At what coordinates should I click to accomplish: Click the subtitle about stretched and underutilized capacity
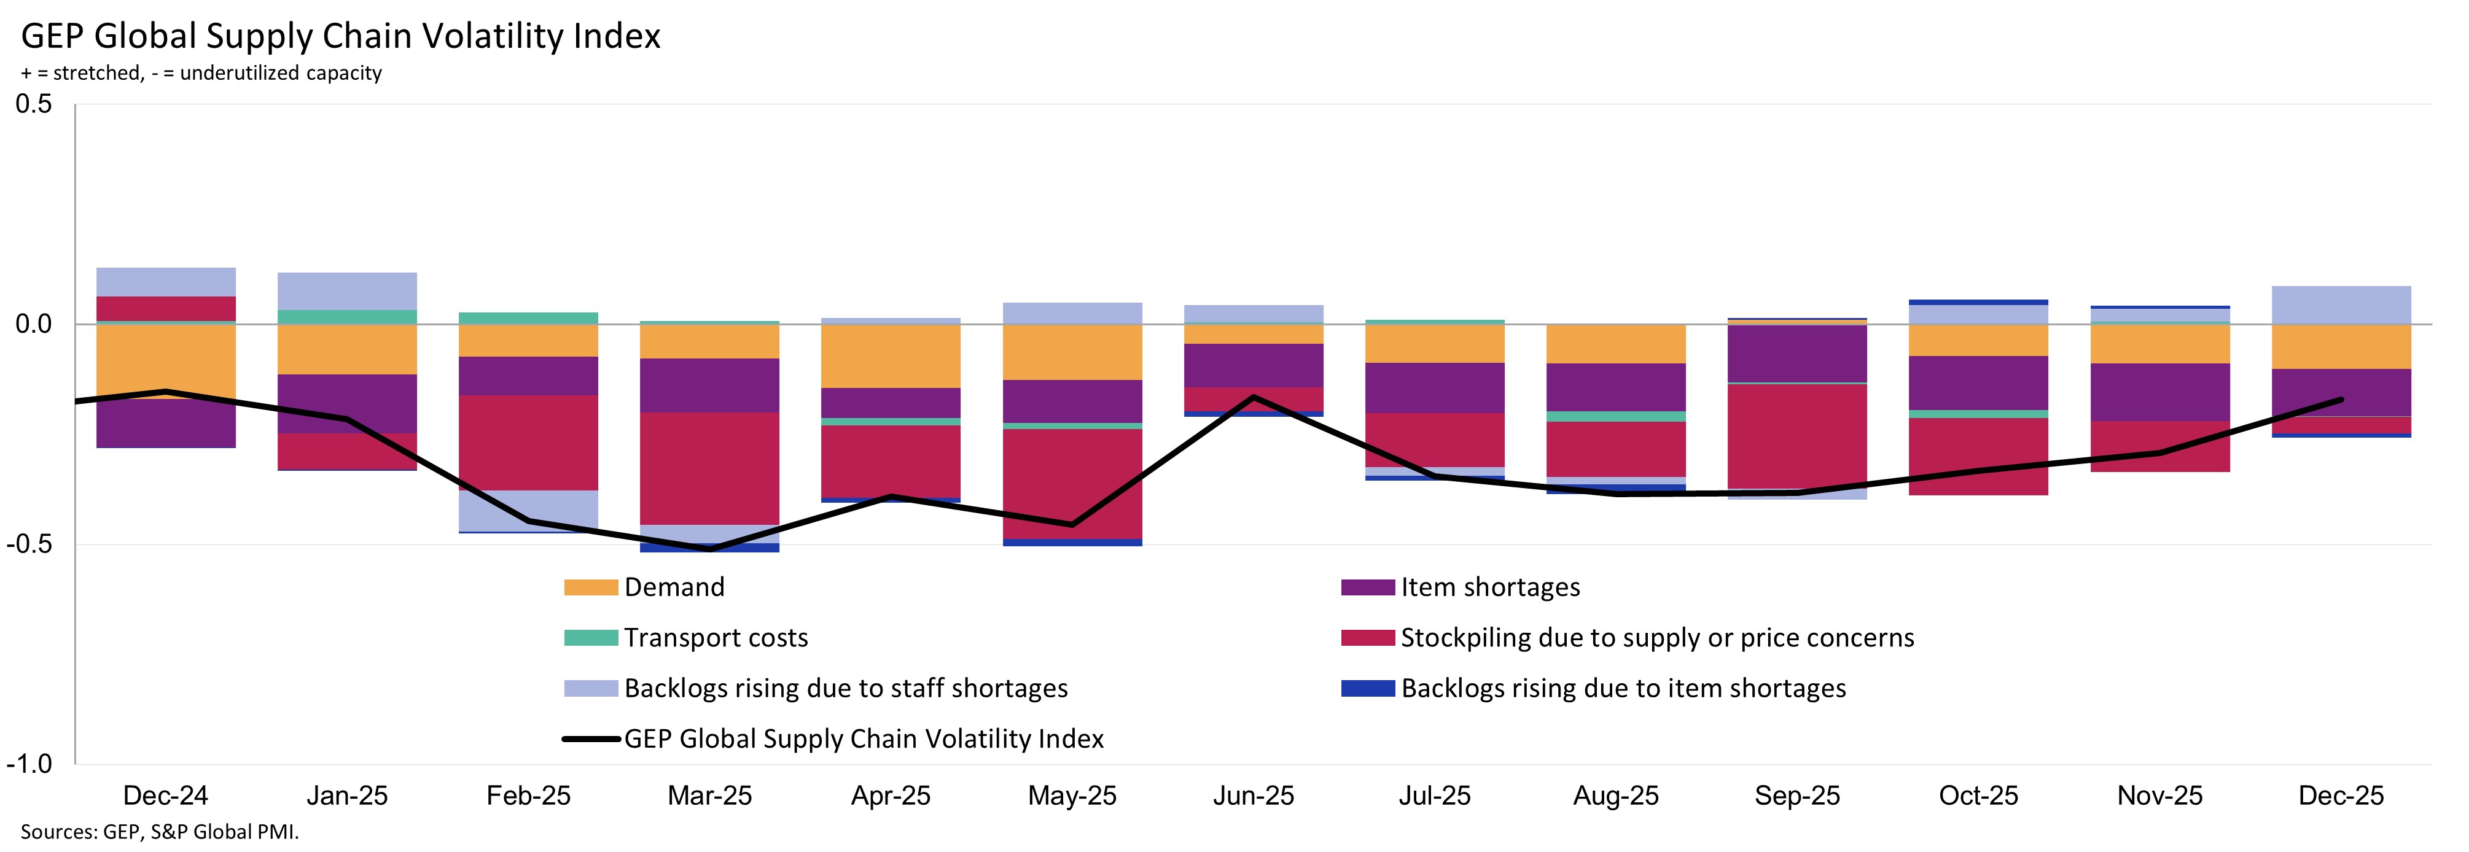(201, 73)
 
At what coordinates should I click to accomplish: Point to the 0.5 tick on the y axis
(34, 104)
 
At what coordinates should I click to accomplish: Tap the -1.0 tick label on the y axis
(29, 764)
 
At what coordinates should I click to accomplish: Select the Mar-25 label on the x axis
(709, 796)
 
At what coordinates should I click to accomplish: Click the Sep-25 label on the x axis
(1797, 796)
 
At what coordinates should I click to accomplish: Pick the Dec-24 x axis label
(166, 796)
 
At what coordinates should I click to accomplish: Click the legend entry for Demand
(674, 587)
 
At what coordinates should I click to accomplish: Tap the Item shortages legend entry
(1489, 587)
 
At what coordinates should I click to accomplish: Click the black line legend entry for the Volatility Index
(863, 739)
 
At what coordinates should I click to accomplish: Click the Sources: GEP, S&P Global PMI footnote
(159, 832)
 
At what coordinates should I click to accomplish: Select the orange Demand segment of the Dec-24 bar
(166, 359)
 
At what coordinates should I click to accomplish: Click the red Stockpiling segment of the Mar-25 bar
(709, 468)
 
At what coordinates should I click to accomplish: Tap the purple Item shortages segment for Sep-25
(1797, 354)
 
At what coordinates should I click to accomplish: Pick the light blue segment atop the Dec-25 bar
(2341, 304)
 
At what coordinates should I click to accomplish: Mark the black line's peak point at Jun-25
(1254, 397)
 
